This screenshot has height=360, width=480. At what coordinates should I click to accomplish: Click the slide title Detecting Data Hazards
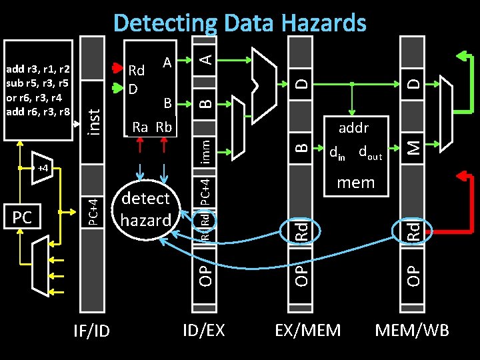pos(240,23)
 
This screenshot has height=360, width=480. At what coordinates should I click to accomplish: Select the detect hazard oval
pos(146,209)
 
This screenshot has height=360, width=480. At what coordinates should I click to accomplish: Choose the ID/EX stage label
pos(205,329)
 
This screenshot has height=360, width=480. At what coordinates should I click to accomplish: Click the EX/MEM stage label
pos(308,329)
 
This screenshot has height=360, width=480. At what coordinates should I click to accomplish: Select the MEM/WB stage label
pos(412,329)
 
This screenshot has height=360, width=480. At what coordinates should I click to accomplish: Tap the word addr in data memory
pos(353,127)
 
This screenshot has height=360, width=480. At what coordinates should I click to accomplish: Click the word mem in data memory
pos(355,182)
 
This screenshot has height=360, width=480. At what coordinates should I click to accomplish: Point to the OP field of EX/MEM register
pos(302,273)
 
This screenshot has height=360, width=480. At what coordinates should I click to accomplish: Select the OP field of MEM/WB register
pos(413,273)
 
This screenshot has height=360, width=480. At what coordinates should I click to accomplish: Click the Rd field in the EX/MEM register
pos(302,231)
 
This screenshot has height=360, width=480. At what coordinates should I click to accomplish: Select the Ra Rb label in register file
pos(152,127)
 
